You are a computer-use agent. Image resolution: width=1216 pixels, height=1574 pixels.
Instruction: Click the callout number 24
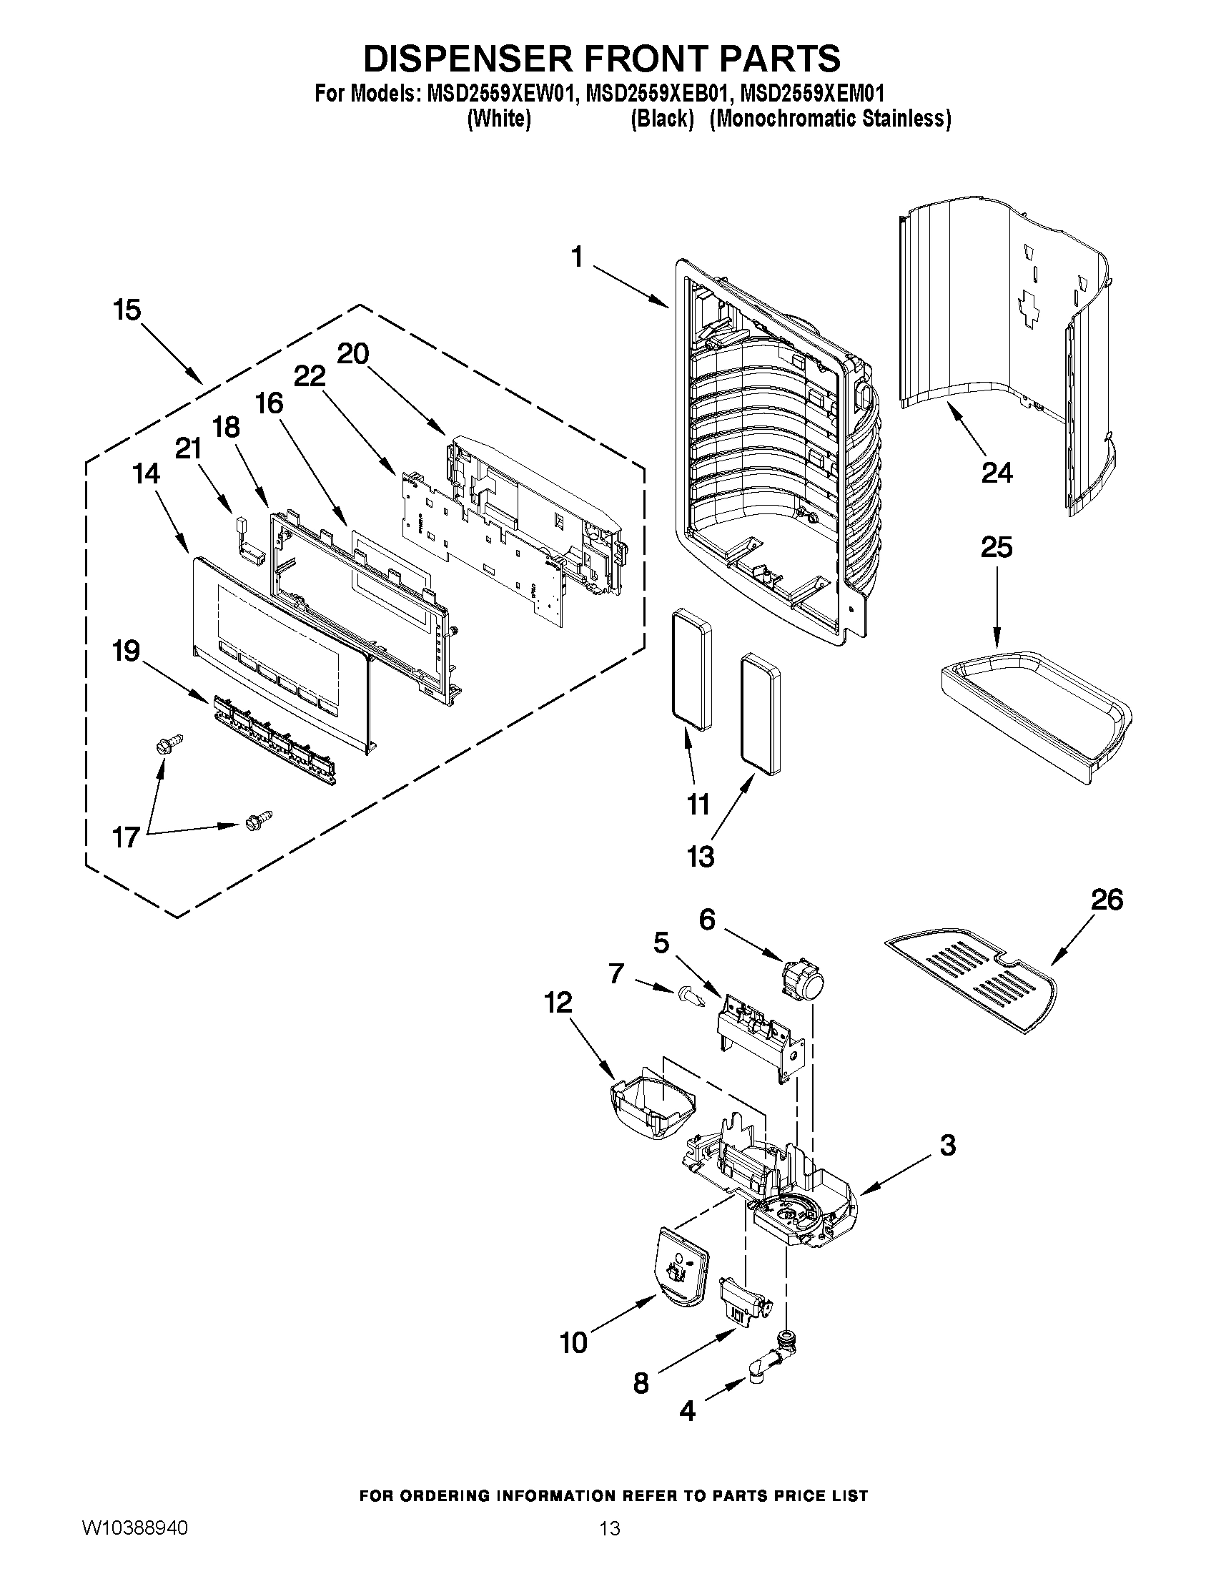click(x=997, y=473)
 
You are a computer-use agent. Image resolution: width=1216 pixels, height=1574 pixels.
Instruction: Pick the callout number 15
click(x=127, y=310)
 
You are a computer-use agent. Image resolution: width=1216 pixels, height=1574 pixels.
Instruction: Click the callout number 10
click(x=574, y=1343)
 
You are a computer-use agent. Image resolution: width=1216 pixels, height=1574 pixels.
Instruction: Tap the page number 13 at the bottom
click(x=610, y=1544)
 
